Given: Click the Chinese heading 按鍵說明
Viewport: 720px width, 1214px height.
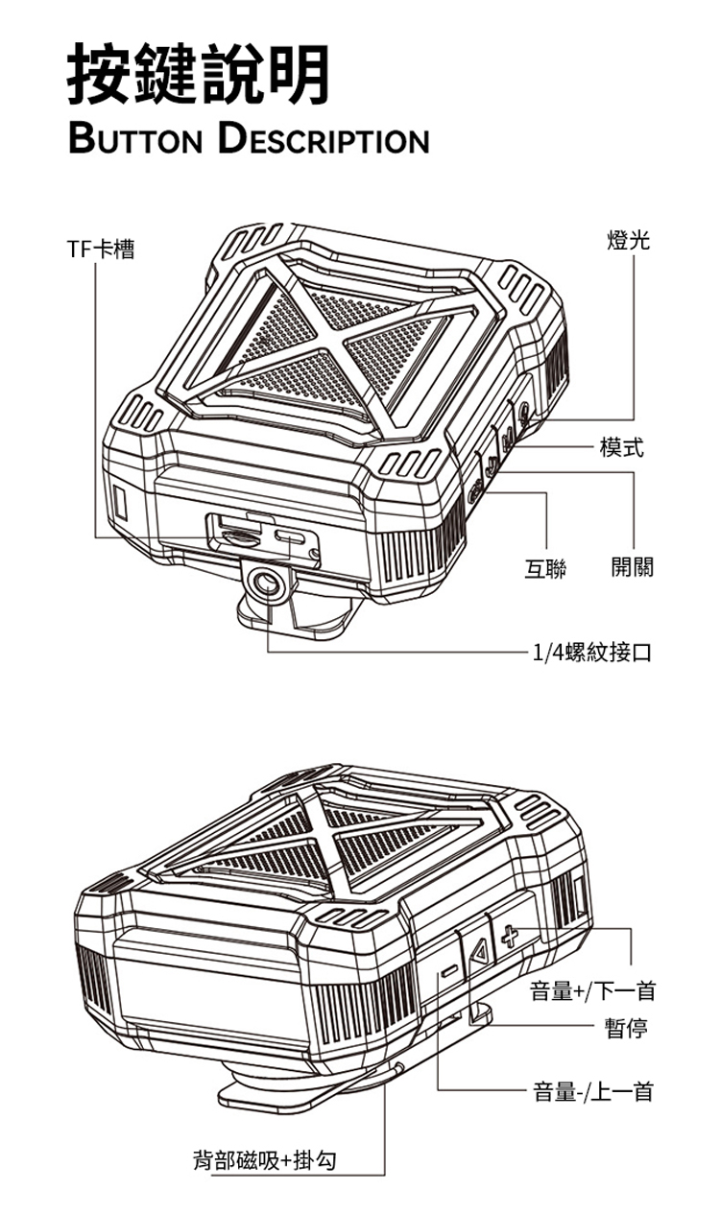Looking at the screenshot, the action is click(199, 74).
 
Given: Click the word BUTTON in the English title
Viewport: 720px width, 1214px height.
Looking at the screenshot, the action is click(135, 140).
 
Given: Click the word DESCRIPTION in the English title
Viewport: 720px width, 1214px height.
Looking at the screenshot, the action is click(324, 139).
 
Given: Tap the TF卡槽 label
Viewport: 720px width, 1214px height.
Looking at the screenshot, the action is click(100, 250).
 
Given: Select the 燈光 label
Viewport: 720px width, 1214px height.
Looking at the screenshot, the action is click(629, 239).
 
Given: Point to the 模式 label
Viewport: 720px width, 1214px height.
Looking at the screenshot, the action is click(622, 446).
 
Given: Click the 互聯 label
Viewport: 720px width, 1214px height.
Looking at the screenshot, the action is click(545, 568).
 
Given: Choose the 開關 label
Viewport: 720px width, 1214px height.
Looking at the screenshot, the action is click(633, 567).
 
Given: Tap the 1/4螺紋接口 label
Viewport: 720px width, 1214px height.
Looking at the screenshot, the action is click(591, 652).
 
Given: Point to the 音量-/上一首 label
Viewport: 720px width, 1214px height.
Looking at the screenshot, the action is click(593, 1091).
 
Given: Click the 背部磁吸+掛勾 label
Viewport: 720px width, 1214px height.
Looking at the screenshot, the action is click(265, 1160).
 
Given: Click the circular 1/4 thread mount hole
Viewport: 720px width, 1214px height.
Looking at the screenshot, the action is click(266, 584).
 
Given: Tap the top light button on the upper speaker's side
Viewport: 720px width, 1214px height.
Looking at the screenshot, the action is click(525, 413).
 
